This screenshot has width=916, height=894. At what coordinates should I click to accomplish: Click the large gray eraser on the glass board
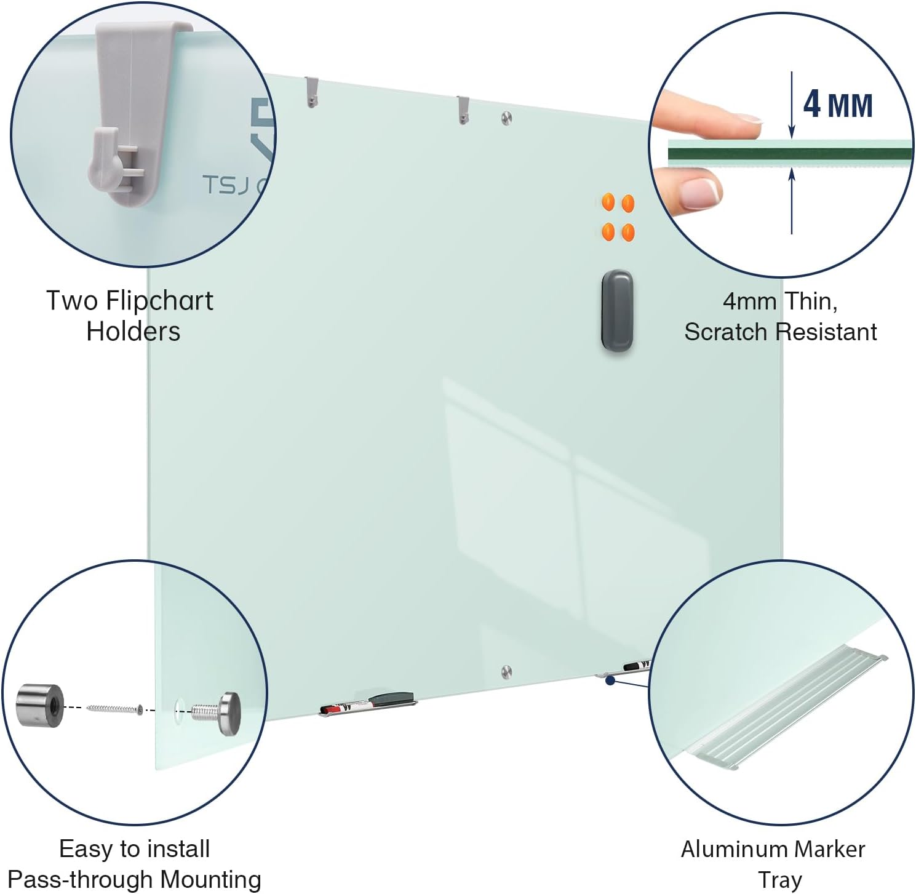point(617,310)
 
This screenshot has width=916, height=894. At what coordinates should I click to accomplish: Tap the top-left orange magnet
point(608,202)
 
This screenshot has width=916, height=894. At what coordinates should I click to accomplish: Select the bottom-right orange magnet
point(628,232)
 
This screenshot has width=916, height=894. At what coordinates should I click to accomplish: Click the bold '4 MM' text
point(838,105)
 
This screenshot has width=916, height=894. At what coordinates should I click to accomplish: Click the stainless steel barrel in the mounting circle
point(40,705)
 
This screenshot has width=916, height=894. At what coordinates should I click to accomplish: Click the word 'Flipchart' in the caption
point(160,301)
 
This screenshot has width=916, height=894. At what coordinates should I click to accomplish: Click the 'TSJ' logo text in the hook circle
point(226,185)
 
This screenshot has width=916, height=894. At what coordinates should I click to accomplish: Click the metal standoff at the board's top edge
point(506,118)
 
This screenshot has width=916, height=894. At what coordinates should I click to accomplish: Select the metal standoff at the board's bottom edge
point(506,671)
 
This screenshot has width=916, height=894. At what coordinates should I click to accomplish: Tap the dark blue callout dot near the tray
point(610,680)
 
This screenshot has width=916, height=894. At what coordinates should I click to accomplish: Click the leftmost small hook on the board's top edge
point(311,92)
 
